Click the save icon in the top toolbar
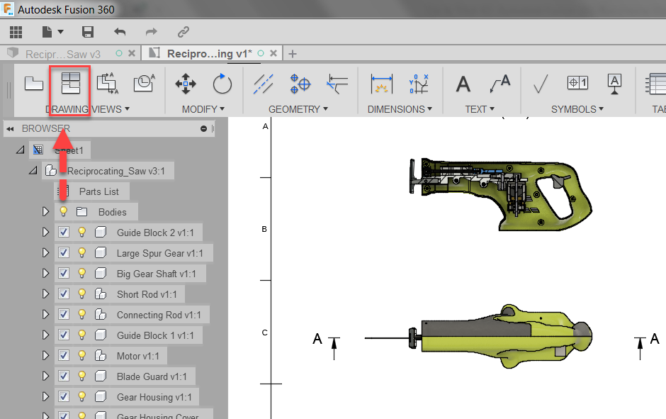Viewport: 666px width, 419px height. click(88, 32)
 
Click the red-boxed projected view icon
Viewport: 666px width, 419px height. click(70, 83)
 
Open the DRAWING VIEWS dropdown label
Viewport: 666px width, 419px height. click(87, 109)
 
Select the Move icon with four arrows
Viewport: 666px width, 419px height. click(186, 84)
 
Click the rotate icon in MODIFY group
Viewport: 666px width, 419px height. click(222, 84)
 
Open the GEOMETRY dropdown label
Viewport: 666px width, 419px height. click(298, 109)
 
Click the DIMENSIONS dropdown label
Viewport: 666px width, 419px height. click(400, 109)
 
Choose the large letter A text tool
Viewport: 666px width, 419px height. click(463, 84)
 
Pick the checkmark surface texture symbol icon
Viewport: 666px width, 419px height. click(541, 84)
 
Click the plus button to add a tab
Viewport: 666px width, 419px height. click(293, 54)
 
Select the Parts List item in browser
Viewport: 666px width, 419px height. click(98, 191)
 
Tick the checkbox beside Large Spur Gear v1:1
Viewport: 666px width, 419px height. click(64, 253)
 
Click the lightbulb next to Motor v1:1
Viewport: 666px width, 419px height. click(81, 356)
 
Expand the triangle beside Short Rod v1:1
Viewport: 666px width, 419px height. click(46, 294)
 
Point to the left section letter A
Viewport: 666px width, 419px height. click(317, 339)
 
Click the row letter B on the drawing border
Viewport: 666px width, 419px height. click(265, 229)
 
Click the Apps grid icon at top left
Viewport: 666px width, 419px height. click(16, 32)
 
